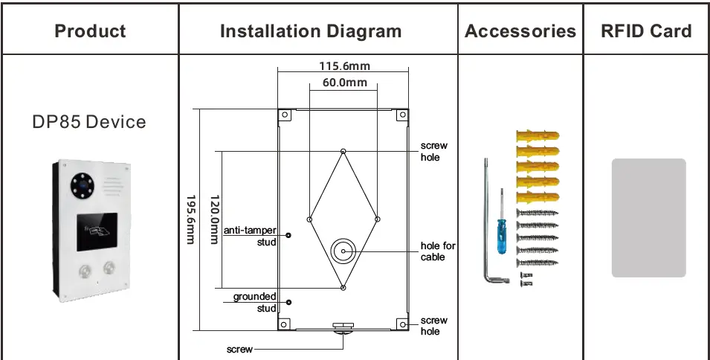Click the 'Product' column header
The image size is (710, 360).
click(90, 31)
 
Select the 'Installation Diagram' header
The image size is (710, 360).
click(311, 31)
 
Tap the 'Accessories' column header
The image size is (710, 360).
click(520, 31)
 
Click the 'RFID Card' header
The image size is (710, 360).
click(646, 31)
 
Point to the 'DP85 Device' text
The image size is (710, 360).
click(89, 122)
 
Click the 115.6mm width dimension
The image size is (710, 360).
click(343, 66)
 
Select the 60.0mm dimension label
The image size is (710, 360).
click(344, 83)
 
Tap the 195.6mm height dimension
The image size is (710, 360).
click(190, 218)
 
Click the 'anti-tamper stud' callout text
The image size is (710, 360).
click(251, 236)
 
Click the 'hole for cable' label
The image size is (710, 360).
click(437, 251)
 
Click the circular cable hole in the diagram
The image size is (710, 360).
click(343, 251)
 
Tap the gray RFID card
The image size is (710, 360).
click(648, 217)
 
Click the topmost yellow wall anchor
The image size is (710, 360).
click(535, 136)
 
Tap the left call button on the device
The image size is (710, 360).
click(83, 269)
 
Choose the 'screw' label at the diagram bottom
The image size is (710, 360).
click(239, 348)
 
